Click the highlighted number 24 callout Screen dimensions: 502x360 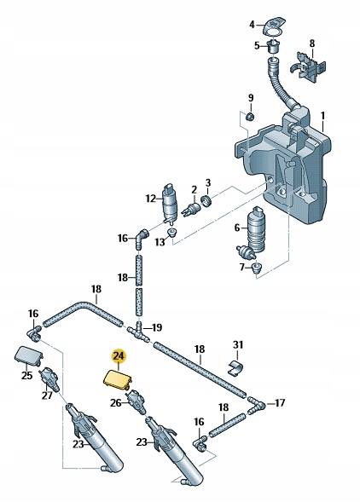click(x=118, y=358)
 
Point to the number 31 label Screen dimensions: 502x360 click(x=238, y=345)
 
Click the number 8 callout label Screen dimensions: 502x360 click(x=311, y=43)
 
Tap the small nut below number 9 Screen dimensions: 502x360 click(x=250, y=115)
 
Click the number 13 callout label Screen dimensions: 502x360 click(x=159, y=242)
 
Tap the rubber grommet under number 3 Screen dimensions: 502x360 click(x=205, y=201)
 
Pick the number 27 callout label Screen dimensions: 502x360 click(x=47, y=395)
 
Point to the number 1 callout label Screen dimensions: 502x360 click(x=322, y=115)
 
